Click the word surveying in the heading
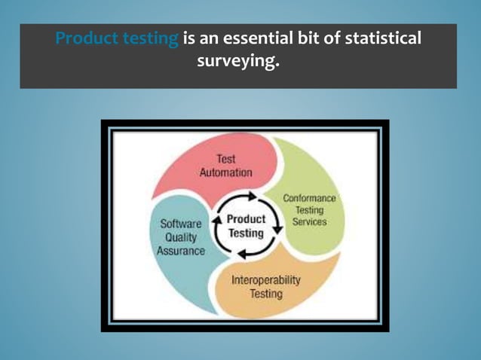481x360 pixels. tap(237, 61)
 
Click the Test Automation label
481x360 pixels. tap(225, 166)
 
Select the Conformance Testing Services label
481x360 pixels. tap(309, 210)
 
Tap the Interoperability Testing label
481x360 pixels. tap(265, 286)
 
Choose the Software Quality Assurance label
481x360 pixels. tap(180, 237)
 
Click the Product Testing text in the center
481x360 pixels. tap(247, 226)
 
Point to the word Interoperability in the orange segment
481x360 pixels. tap(265, 279)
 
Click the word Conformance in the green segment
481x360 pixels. tap(309, 199)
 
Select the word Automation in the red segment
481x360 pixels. tap(225, 172)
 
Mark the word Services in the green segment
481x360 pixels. tap(309, 222)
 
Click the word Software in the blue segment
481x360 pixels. tap(180, 224)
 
